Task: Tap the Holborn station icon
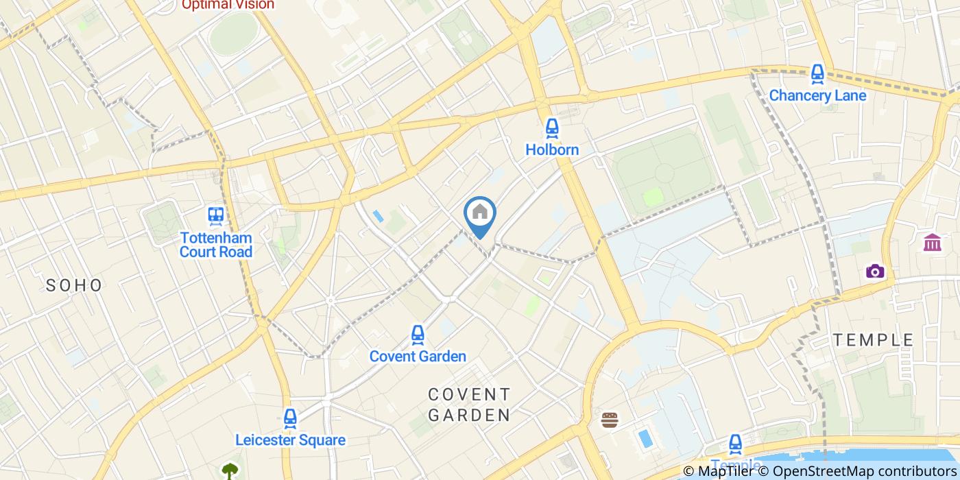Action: pyautogui.click(x=552, y=128)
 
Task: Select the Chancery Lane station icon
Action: pyautogui.click(x=817, y=74)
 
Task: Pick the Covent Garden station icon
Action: pyautogui.click(x=418, y=335)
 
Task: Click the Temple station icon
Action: pyautogui.click(x=735, y=444)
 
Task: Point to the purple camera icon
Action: pyautogui.click(x=874, y=272)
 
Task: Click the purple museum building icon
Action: pyautogui.click(x=932, y=242)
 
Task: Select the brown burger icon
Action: pyautogui.click(x=610, y=420)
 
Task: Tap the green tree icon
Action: pyautogui.click(x=230, y=471)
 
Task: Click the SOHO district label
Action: pyautogui.click(x=74, y=285)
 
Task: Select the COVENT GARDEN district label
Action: pyautogui.click(x=470, y=405)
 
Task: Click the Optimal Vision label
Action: pyautogui.click(x=228, y=5)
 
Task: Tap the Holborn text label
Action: pyautogui.click(x=552, y=149)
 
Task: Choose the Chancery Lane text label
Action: pyautogui.click(x=817, y=95)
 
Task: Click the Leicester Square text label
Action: pyautogui.click(x=290, y=440)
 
